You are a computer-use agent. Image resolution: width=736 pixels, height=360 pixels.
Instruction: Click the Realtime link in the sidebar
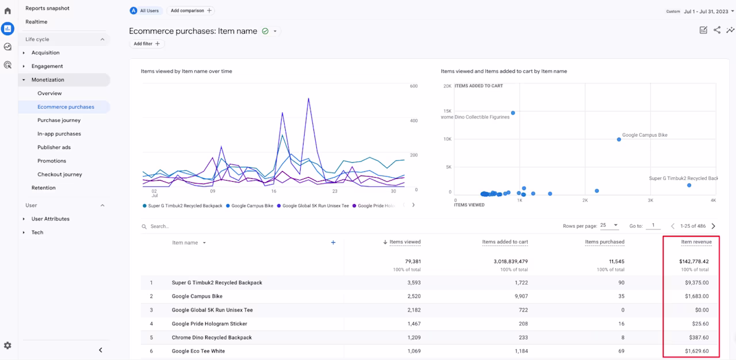pos(36,22)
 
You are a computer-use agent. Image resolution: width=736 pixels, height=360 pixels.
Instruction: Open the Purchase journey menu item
pos(59,120)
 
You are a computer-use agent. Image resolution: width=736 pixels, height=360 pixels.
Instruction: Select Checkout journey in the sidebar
pos(59,174)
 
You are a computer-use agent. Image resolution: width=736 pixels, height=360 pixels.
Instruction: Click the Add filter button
pos(147,44)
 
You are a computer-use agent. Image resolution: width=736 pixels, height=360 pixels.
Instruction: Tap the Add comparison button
pos(191,10)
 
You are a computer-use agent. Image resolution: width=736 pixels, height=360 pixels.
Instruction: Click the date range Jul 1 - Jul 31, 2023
pos(706,11)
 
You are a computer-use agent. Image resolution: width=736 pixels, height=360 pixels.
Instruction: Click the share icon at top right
pos(717,30)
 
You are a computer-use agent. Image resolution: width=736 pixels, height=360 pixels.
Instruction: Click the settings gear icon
pos(7,346)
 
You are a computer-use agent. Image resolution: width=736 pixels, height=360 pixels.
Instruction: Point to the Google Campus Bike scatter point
pos(619,140)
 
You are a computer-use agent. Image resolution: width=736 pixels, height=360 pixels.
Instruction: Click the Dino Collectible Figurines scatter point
pos(513,113)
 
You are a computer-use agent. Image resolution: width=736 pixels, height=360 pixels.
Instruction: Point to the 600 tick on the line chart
pos(413,86)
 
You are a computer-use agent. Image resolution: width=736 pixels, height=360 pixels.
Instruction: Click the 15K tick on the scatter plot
pos(447,111)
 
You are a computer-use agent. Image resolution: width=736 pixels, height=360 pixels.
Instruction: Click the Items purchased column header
pos(604,242)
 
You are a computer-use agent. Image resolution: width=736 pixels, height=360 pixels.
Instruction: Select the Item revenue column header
pos(696,242)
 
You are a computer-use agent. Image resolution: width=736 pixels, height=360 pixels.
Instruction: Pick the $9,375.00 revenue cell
pos(696,282)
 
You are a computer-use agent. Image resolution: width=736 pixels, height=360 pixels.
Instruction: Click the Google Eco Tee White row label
pos(198,351)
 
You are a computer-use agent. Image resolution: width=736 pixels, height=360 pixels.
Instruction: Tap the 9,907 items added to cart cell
pos(521,296)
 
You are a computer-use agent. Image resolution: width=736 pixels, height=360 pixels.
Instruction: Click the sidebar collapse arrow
pos(101,350)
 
